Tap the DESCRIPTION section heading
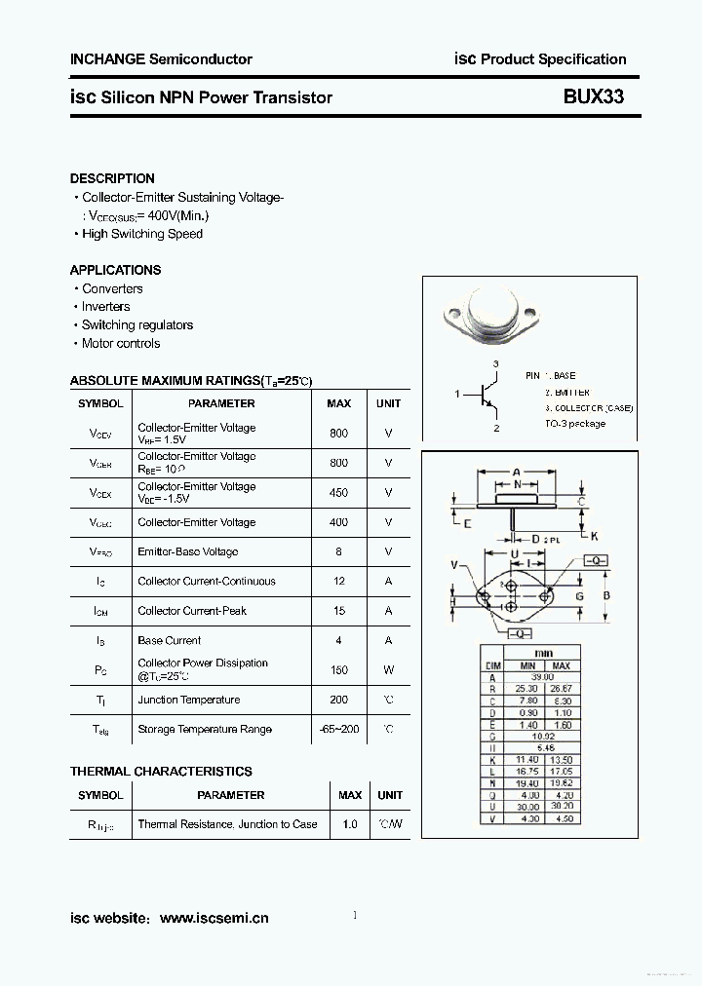click(x=112, y=178)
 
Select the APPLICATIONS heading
click(x=115, y=270)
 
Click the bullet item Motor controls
click(x=121, y=343)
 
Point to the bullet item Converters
click(x=112, y=288)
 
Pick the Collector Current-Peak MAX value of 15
click(x=338, y=611)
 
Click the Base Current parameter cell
click(x=170, y=640)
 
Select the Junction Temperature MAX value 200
click(x=338, y=700)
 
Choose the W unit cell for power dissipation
click(x=388, y=670)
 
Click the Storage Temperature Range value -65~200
click(x=338, y=729)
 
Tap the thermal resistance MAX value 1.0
click(x=349, y=824)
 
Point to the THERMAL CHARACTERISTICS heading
click(x=161, y=771)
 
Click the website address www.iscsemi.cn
click(x=214, y=918)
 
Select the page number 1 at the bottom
click(x=355, y=915)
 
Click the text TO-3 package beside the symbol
click(x=575, y=424)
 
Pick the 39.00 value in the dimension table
click(x=543, y=677)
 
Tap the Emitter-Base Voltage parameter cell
click(x=187, y=551)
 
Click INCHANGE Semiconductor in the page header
click(x=161, y=59)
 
